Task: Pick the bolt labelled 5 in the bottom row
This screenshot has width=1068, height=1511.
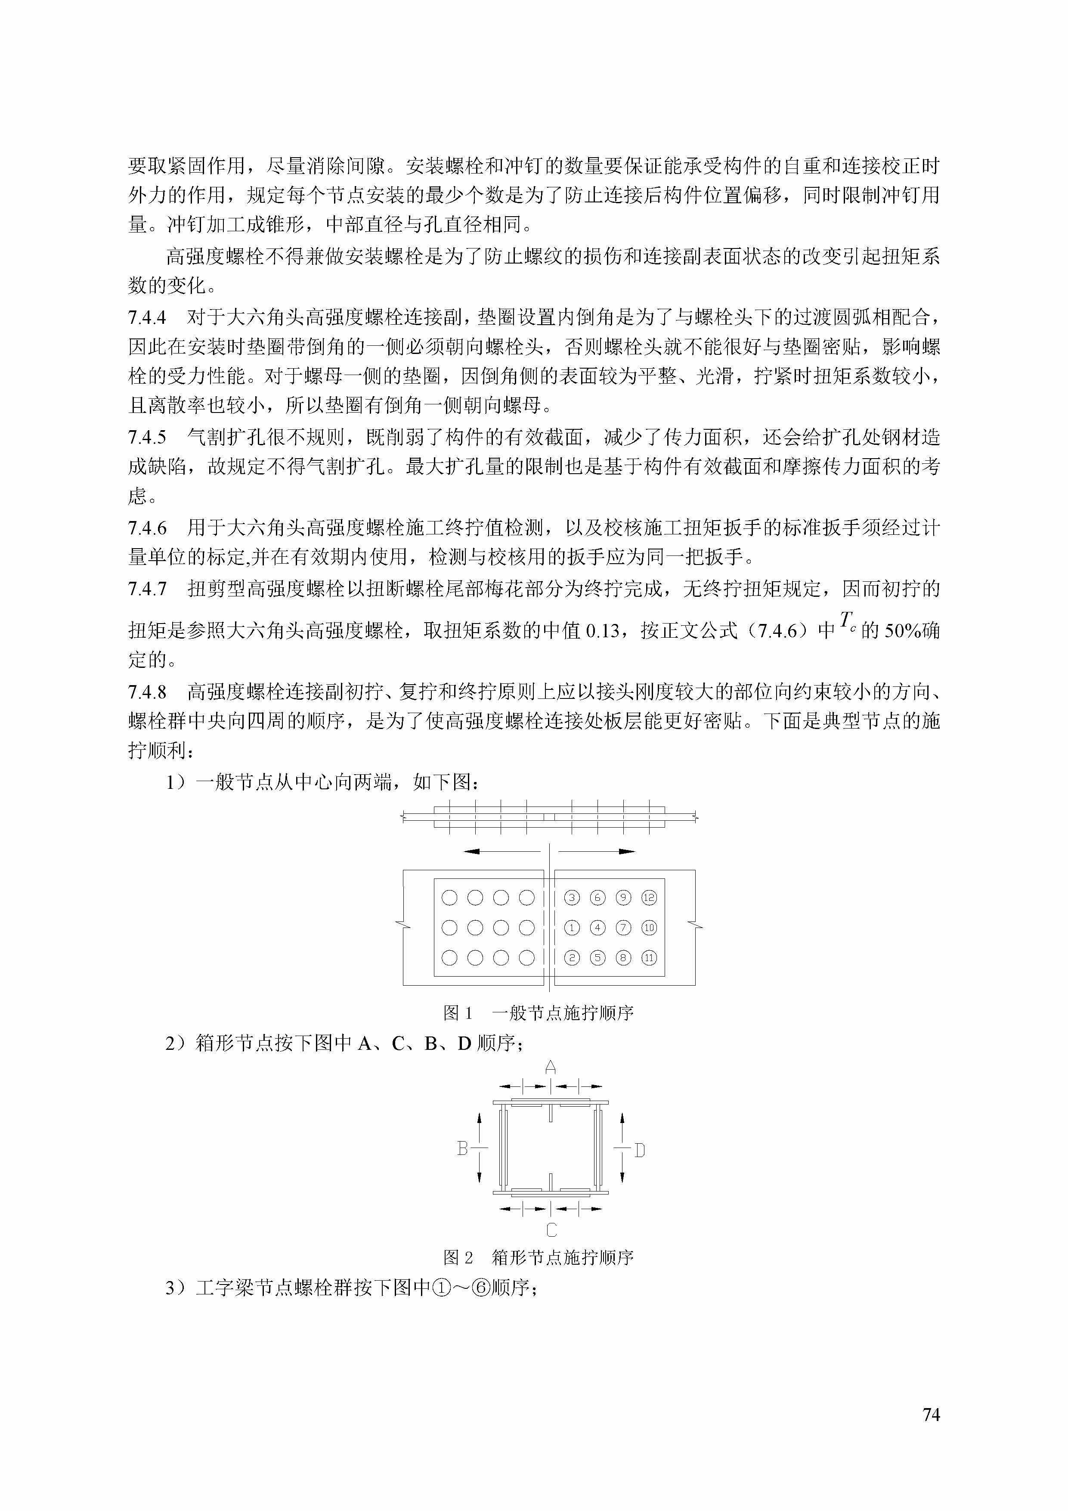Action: tap(597, 958)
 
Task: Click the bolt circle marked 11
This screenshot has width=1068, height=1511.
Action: tap(649, 958)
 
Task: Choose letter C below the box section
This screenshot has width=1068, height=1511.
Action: tap(551, 1229)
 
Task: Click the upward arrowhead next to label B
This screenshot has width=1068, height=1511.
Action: tap(480, 1117)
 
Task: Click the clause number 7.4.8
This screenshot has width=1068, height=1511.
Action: tap(147, 692)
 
